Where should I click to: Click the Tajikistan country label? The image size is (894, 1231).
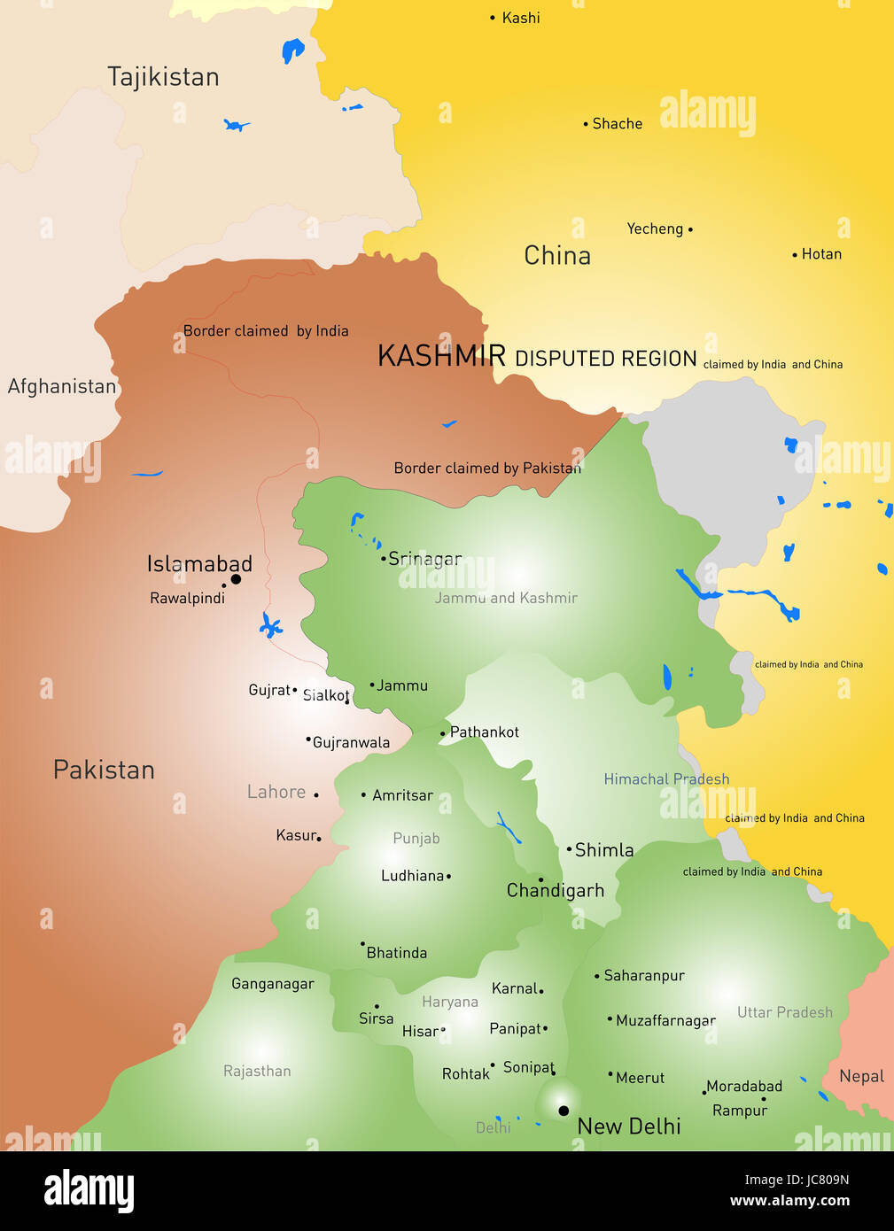point(163,77)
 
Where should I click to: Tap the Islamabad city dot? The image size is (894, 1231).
point(236,579)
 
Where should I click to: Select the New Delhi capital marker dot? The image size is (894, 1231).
point(564,1111)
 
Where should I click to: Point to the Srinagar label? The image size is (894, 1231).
point(425,559)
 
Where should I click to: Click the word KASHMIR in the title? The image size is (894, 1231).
point(441,356)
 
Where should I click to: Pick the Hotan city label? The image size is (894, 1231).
point(821,254)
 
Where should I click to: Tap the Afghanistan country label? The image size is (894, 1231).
point(62,386)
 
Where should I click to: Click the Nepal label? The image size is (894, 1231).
point(861,1076)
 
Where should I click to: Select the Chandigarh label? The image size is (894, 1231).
point(556,890)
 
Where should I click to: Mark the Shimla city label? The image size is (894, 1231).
point(604,850)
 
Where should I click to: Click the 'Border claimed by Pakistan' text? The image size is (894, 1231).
point(487,468)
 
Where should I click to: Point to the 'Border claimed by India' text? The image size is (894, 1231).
point(266,331)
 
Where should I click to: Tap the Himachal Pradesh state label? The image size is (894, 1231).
point(666,779)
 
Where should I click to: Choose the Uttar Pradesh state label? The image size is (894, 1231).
point(785,1012)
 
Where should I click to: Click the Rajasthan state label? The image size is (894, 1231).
point(257,1071)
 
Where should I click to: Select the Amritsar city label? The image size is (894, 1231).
point(402,795)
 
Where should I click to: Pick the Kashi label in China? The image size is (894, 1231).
point(521,18)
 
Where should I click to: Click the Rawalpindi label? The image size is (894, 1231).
point(187,599)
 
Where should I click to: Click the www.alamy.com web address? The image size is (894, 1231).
point(789,1201)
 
